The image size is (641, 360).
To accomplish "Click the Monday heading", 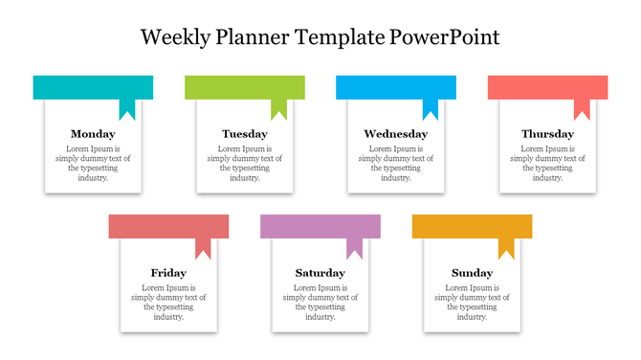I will coord(93,134).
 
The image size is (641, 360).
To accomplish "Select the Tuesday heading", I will coord(244,134).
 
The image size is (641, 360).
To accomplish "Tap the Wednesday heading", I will coord(396,134).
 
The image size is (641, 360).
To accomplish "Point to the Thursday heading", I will coord(547,134).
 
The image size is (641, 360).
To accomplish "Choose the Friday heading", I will coord(168,273).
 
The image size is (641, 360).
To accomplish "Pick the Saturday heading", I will coord(320,273).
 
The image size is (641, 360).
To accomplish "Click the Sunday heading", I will coord(472,273).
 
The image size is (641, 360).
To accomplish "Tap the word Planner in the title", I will coord(254,38).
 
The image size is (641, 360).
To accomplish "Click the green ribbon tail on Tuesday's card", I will coord(278,109).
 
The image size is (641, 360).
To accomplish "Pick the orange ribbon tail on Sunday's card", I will coord(506,248).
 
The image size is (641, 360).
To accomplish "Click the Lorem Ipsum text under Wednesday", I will coord(396,163).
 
